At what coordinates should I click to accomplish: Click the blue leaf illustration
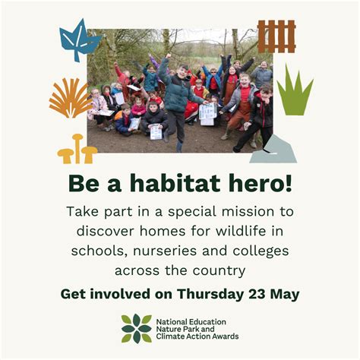tap(78, 40)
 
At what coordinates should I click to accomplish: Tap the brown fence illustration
tap(276, 36)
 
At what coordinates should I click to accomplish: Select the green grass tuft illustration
tap(294, 92)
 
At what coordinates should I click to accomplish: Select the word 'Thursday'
tap(215, 294)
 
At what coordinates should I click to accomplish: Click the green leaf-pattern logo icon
tap(136, 328)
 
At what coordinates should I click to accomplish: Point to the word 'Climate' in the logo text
tap(172, 337)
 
